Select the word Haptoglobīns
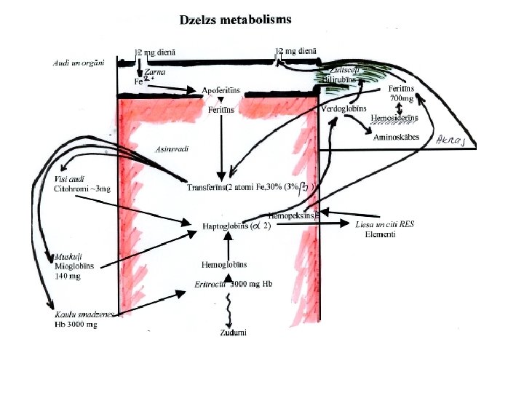224,226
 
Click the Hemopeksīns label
291,215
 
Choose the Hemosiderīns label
394,117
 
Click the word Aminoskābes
397,137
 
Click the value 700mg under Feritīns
402,98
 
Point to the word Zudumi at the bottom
234,333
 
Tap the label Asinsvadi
172,149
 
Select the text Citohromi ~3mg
82,188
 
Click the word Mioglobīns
74,266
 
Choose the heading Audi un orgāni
79,63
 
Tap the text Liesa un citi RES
384,224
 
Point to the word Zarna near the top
154,72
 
